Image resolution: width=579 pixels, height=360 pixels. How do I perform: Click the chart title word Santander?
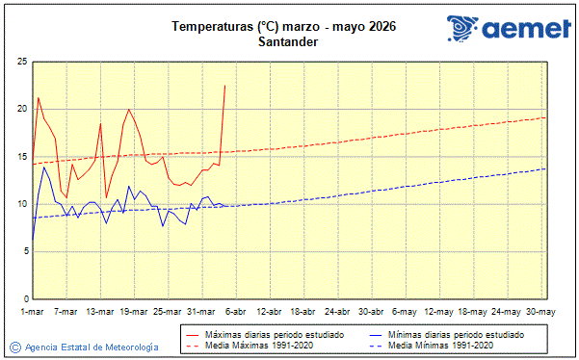coord(288,41)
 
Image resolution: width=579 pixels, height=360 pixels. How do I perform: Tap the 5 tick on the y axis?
coord(23,251)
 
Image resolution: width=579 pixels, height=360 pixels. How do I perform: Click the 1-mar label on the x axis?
coord(33,312)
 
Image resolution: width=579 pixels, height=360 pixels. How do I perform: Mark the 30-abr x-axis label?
coord(372,312)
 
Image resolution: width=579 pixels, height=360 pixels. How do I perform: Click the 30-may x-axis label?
coord(540,312)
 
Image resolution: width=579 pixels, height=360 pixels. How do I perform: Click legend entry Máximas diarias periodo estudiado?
coord(276,334)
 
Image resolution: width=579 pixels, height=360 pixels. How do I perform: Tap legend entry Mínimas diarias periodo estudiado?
coord(463,334)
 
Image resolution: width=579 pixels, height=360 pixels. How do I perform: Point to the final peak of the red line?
coord(224,86)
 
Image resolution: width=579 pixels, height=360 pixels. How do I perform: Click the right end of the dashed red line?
coord(546,117)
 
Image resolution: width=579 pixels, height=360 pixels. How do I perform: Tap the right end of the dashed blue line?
coord(546,168)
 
